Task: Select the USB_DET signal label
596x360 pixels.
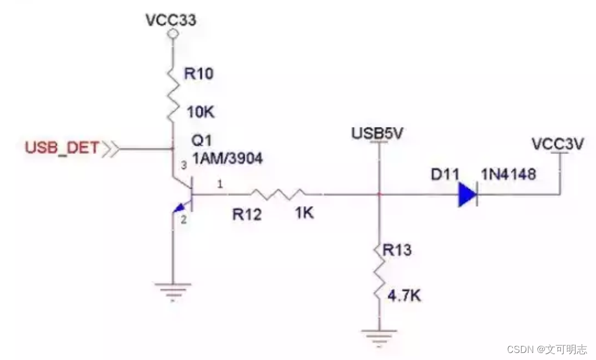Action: coord(62,148)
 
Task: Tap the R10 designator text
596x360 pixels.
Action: coord(199,74)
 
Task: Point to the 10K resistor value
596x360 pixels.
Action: coord(199,111)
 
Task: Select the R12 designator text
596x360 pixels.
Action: coord(247,214)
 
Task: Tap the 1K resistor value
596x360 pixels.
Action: coord(304,213)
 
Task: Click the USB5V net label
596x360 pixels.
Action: coord(378,133)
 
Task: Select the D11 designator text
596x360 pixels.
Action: coord(443,174)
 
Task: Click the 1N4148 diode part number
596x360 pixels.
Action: coord(508,174)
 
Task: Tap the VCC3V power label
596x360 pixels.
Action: coord(557,143)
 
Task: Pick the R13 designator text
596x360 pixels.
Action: coord(397,251)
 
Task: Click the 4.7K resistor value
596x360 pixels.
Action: coord(404,296)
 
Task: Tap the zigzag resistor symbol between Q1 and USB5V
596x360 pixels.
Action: coord(275,194)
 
